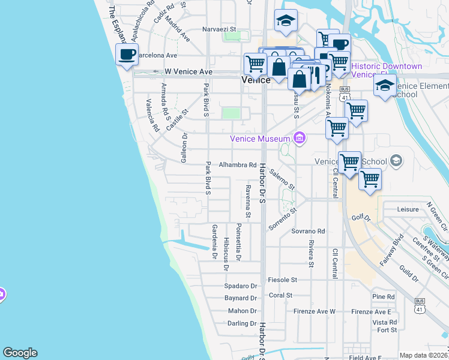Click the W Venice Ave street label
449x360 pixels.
(188, 72)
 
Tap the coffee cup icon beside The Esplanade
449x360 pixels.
(127, 55)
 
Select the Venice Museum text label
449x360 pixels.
(260, 139)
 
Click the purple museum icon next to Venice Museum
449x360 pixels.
(300, 139)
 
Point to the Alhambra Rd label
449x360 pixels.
(237, 165)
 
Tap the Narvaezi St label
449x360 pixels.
(220, 29)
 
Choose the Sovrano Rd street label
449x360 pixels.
(308, 231)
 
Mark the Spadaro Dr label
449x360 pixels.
(240, 286)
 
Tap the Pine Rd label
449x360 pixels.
(383, 297)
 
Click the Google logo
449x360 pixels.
(20, 353)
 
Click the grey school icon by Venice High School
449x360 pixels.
(396, 160)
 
